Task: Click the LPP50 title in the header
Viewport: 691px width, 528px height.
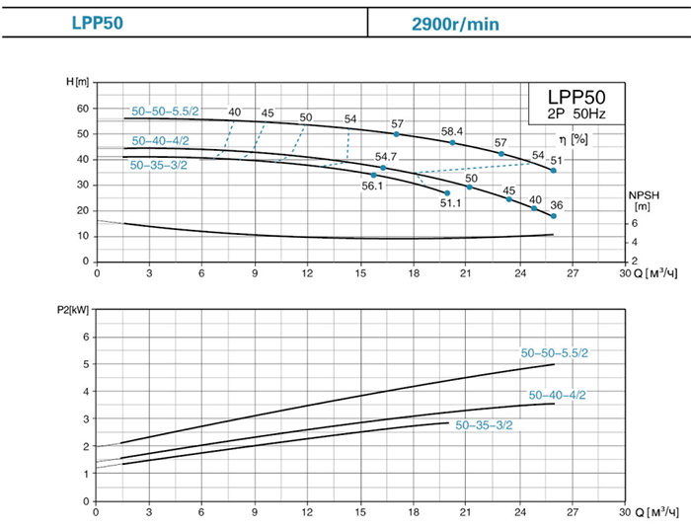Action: (x=98, y=21)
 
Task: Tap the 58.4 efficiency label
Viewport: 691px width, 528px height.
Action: (x=452, y=131)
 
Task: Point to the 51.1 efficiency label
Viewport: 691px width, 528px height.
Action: (x=450, y=203)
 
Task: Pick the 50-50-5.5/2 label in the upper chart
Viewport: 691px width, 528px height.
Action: (x=165, y=112)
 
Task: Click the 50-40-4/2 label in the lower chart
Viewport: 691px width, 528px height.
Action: (x=557, y=395)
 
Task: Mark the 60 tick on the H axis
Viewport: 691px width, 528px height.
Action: (x=83, y=108)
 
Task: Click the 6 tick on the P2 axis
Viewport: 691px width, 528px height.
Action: (x=86, y=338)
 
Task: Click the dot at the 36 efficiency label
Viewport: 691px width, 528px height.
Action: (x=554, y=216)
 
